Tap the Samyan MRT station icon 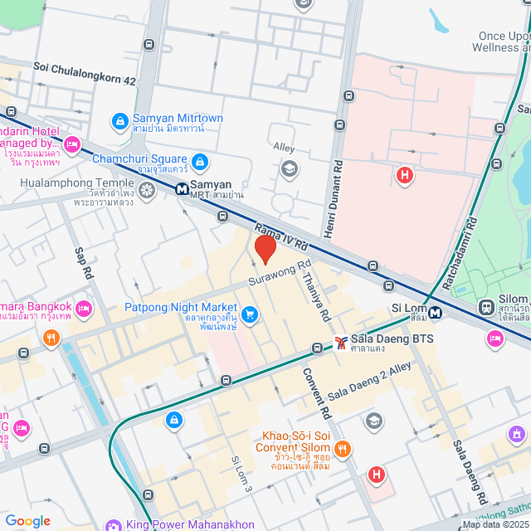pos(181,188)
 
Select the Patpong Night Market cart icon pos(250,313)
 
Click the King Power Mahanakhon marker pos(113,524)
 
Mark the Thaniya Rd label pos(316,297)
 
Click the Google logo pos(27,521)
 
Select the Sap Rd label pos(83,262)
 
